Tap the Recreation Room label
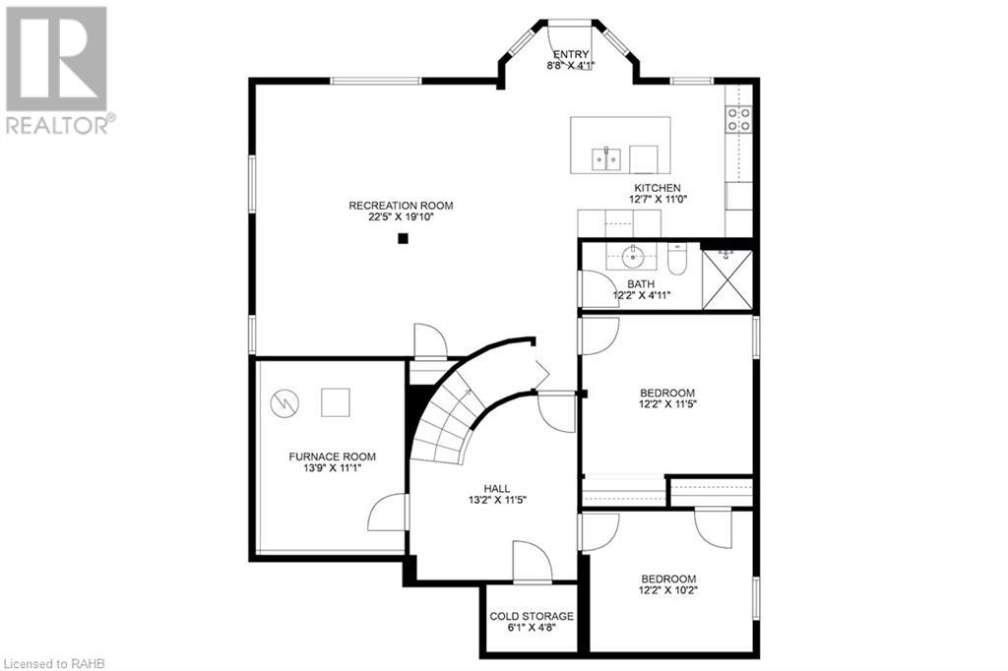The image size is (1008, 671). tap(401, 206)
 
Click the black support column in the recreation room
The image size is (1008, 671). tap(402, 237)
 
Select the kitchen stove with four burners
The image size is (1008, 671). tap(738, 119)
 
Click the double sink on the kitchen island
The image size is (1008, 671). tap(605, 157)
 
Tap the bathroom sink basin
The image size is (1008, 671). tap(631, 259)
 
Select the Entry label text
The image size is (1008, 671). tap(571, 55)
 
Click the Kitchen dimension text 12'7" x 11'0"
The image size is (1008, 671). tap(657, 200)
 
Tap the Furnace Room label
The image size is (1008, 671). tap(332, 457)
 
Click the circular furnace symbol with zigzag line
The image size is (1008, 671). tap(283, 401)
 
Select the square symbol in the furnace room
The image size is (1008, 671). tap(336, 401)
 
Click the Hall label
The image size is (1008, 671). tap(496, 488)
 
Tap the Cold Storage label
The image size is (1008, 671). tap(532, 616)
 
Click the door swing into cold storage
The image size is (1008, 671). tap(533, 561)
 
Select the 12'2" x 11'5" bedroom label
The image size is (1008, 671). tap(668, 403)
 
